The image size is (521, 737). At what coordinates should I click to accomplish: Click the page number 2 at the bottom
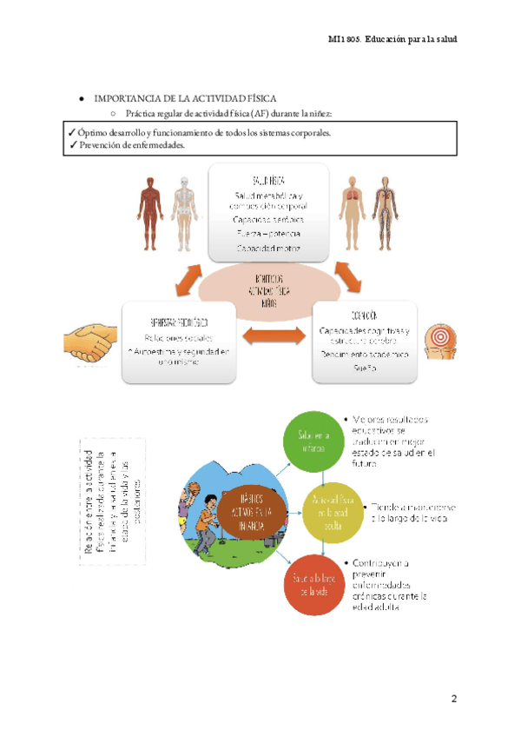(x=453, y=700)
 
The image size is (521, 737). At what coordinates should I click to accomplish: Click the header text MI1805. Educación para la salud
(x=392, y=39)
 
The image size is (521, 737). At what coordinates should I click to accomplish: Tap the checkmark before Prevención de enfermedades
(x=72, y=146)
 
